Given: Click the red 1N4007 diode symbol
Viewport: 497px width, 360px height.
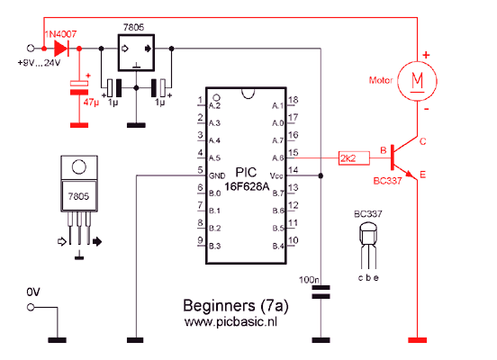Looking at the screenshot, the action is click(62, 49).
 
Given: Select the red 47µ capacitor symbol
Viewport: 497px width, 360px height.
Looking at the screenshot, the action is click(79, 88).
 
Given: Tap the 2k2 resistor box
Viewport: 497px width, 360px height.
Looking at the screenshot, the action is click(354, 158).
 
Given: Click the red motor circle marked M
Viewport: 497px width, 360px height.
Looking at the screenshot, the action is click(417, 81).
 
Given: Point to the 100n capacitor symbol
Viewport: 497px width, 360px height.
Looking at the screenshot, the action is click(321, 292).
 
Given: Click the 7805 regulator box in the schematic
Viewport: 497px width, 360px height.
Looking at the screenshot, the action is click(136, 52).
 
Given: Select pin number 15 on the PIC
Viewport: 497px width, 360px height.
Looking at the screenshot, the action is click(294, 153).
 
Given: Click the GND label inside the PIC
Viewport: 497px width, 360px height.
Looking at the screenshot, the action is click(217, 175).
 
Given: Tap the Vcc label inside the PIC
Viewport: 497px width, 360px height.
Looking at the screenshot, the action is click(276, 175).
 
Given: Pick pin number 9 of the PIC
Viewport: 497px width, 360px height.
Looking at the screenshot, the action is click(200, 240).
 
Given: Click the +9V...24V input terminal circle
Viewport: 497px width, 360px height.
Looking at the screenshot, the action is click(31, 49).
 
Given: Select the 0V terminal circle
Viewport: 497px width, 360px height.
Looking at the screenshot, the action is click(31, 307).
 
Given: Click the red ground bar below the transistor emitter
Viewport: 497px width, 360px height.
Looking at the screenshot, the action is click(417, 340).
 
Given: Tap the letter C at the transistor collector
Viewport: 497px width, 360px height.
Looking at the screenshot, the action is click(423, 141).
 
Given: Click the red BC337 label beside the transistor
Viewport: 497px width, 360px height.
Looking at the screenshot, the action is click(387, 181).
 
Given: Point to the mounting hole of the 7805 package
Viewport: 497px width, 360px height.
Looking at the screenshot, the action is click(79, 167).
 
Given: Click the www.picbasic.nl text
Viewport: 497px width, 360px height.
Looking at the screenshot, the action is click(230, 322).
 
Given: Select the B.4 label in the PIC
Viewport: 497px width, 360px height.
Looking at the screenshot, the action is click(278, 246).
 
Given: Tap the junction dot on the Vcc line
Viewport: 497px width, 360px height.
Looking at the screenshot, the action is click(321, 175).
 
